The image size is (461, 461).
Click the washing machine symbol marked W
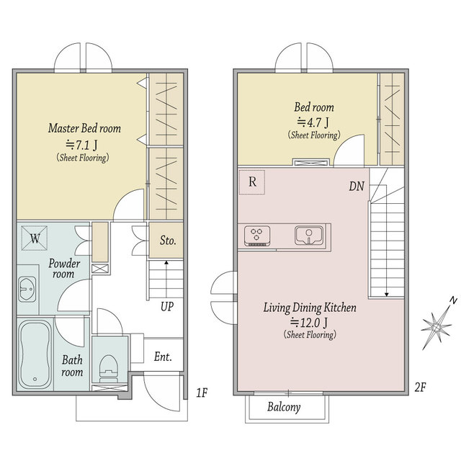(x=35, y=238)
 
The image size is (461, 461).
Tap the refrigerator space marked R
(x=252, y=182)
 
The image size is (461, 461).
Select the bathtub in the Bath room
(x=35, y=354)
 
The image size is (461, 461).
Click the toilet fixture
(x=109, y=367)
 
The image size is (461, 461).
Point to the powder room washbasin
(x=27, y=289)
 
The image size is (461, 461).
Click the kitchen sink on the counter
(x=308, y=236)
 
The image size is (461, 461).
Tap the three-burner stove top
(x=256, y=236)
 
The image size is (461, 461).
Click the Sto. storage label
(x=168, y=241)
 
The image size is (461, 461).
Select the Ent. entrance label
(x=163, y=357)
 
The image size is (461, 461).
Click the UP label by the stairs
(x=167, y=307)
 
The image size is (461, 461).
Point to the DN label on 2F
(x=357, y=186)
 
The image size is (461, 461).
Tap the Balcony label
(x=284, y=407)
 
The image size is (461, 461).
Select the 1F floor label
(x=202, y=393)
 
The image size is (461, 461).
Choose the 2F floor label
(x=421, y=388)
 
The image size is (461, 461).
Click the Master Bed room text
(x=85, y=128)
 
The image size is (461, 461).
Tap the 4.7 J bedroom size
(x=313, y=122)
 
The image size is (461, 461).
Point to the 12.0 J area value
(x=309, y=323)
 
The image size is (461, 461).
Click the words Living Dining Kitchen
(x=310, y=308)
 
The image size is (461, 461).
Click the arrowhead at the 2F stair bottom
(x=387, y=295)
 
